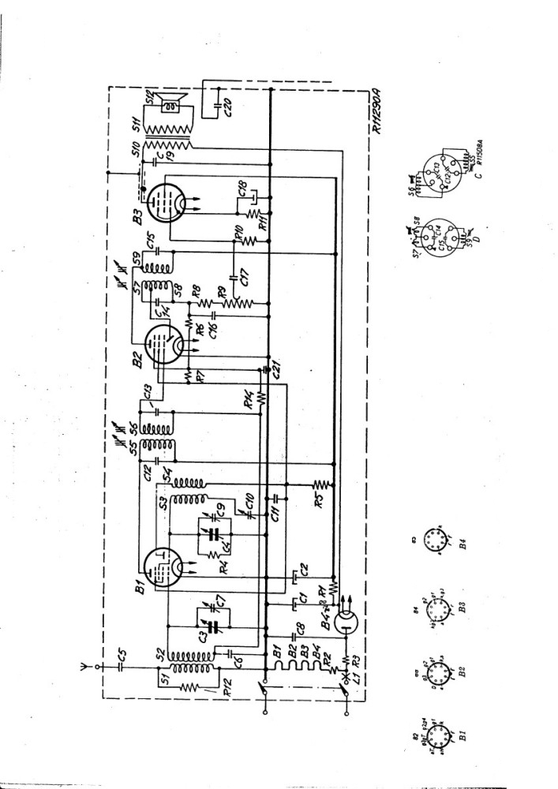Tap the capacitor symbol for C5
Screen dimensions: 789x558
(x=120, y=665)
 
